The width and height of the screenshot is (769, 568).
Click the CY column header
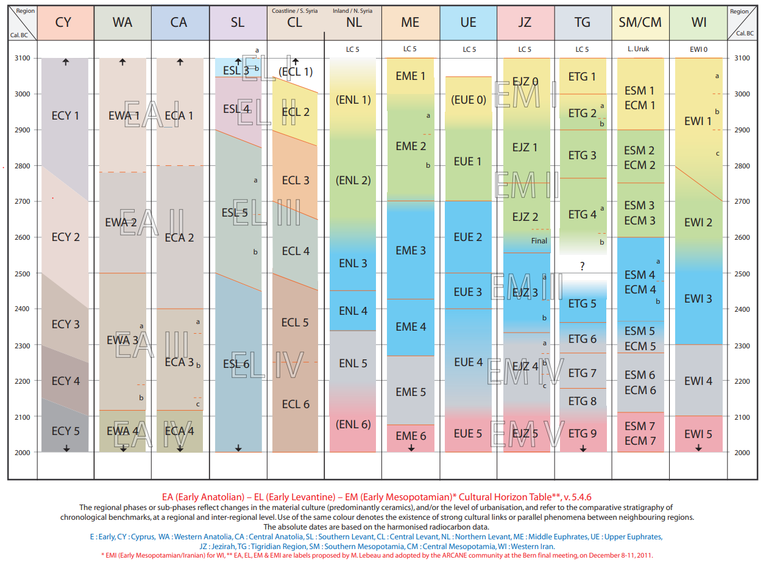click(63, 23)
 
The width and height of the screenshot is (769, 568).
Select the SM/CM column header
click(640, 23)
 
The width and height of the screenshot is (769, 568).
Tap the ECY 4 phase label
click(66, 381)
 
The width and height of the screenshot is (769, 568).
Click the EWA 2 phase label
click(121, 223)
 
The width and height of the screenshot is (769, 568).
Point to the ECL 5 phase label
click(296, 322)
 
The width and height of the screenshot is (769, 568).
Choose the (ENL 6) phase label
click(353, 424)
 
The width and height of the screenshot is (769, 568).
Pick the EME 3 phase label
click(411, 250)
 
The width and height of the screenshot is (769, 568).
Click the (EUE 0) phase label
click(468, 100)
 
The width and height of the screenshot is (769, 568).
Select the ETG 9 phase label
click(583, 433)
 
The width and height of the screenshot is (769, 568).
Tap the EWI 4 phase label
click(698, 381)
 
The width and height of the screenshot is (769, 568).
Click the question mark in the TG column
click(583, 267)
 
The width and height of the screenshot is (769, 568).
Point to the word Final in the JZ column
click(539, 241)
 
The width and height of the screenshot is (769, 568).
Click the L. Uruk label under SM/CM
click(640, 49)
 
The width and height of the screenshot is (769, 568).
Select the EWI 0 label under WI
click(698, 49)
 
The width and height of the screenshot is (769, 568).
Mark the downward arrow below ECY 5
click(66, 448)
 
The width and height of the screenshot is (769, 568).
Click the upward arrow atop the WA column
click(122, 62)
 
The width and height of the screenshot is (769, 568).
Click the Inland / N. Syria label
click(353, 11)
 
